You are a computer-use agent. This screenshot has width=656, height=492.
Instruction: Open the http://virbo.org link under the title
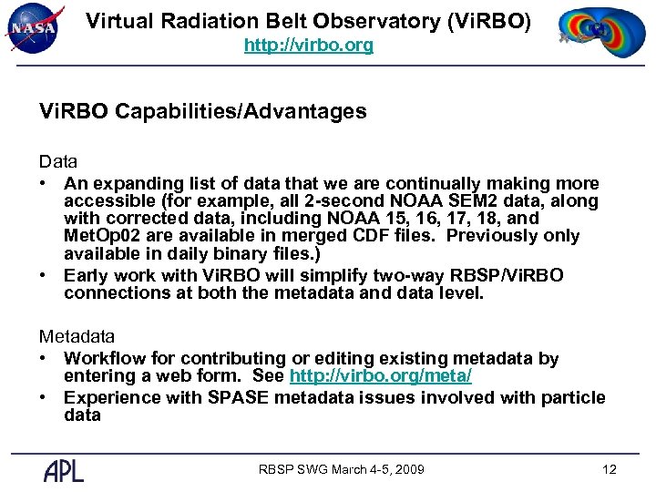point(308,45)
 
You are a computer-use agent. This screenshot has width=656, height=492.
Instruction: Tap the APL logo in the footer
point(64,470)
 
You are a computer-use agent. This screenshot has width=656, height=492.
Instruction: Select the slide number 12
point(610,469)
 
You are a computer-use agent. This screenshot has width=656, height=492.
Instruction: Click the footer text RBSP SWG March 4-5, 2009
point(341,469)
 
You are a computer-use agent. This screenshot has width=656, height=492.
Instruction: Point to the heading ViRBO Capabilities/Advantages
point(202,112)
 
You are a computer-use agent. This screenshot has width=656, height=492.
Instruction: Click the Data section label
point(57,161)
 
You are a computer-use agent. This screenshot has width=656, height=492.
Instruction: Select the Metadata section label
point(77,337)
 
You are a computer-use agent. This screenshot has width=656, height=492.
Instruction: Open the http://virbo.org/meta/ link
point(380,376)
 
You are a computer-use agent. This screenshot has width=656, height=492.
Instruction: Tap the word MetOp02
point(98,236)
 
